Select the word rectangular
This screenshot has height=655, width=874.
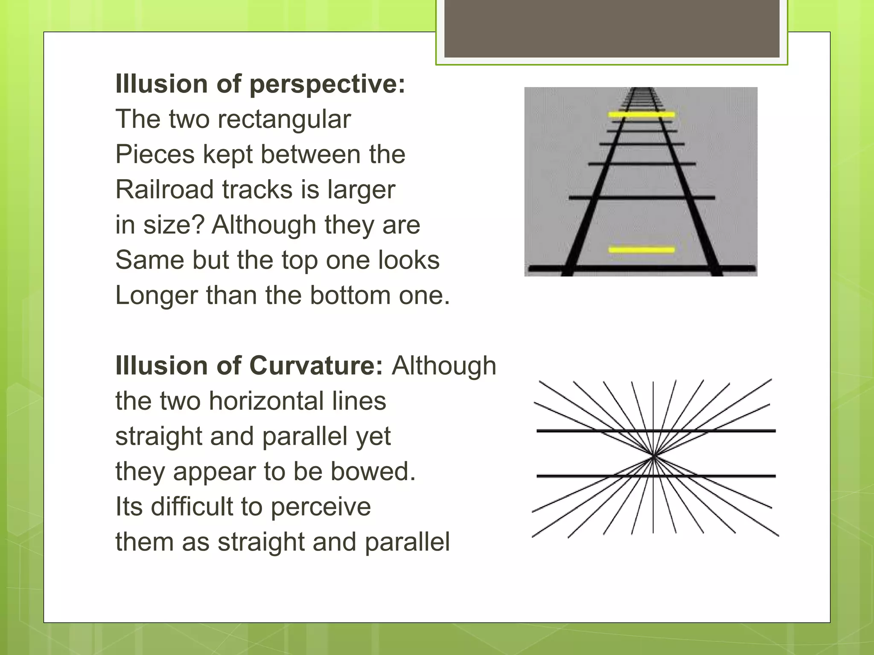pyautogui.click(x=284, y=119)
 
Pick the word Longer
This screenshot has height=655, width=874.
pyautogui.click(x=156, y=295)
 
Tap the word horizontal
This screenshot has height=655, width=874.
pyautogui.click(x=297, y=401)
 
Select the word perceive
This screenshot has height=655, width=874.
pyautogui.click(x=320, y=507)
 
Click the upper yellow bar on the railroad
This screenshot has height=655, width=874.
pyautogui.click(x=641, y=114)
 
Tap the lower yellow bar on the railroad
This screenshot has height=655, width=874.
pyautogui.click(x=641, y=249)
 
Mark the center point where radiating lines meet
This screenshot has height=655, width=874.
pyautogui.click(x=653, y=457)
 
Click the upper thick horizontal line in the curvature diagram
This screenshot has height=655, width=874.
pyautogui.click(x=725, y=431)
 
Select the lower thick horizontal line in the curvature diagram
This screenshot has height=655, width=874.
pyautogui.click(x=725, y=475)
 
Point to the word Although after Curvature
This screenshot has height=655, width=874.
pyautogui.click(x=444, y=366)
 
